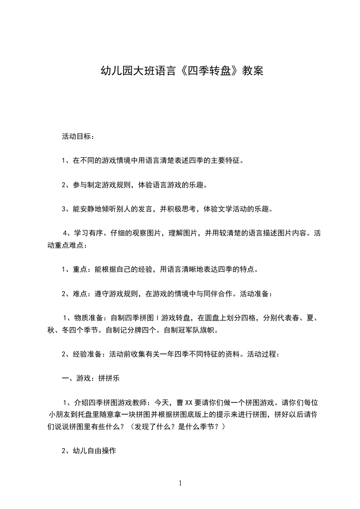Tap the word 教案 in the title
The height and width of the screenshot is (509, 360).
pyautogui.click(x=252, y=71)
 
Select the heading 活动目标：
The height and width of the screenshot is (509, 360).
pyautogui.click(x=78, y=136)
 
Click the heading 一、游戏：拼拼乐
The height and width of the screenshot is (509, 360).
pyautogui.click(x=90, y=378)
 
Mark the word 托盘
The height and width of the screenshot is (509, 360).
pyautogui.click(x=96, y=414)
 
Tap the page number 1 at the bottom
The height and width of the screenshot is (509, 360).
pyautogui.click(x=180, y=483)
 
